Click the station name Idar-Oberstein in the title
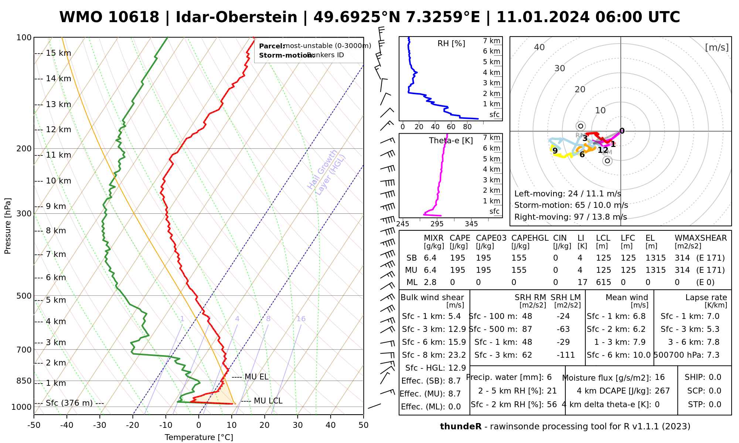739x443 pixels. click(x=236, y=17)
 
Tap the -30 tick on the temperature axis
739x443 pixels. click(x=100, y=425)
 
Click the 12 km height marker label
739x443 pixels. click(x=58, y=130)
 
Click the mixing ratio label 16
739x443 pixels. click(x=301, y=319)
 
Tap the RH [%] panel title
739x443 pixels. click(x=451, y=44)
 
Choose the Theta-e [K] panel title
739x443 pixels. click(x=451, y=141)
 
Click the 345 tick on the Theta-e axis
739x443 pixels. click(x=471, y=224)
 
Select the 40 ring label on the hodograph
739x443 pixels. click(x=539, y=47)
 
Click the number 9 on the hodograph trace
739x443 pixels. click(x=555, y=151)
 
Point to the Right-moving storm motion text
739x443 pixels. click(x=571, y=217)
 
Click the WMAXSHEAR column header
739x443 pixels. click(x=701, y=238)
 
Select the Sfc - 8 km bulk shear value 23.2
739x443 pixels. click(x=457, y=355)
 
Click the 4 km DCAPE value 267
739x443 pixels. click(x=662, y=391)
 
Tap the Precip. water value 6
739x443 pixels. click(x=549, y=377)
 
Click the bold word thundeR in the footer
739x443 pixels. click(x=460, y=427)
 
